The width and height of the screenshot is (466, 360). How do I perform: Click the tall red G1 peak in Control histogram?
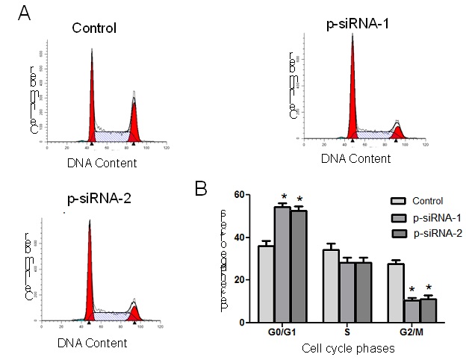pyautogui.click(x=93, y=105)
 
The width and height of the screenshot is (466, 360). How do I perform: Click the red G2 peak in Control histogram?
pyautogui.click(x=134, y=123)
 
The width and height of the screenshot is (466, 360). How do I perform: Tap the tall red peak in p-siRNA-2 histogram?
pyautogui.click(x=89, y=276)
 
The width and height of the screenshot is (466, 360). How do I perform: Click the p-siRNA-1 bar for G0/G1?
pyautogui.click(x=282, y=264)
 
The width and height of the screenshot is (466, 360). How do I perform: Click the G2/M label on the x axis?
pyautogui.click(x=413, y=333)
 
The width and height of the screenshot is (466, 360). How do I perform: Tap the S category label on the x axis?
pyautogui.click(x=347, y=333)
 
